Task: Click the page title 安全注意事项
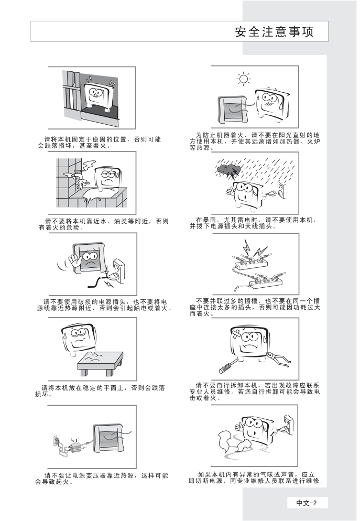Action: (274, 32)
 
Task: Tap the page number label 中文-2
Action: (307, 503)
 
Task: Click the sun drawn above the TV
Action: (244, 79)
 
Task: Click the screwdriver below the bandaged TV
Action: (229, 365)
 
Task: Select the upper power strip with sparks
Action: (252, 264)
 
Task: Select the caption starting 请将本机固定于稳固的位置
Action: (99, 143)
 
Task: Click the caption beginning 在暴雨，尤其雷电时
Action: (253, 223)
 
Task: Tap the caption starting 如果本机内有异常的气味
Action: (256, 478)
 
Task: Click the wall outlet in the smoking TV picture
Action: (288, 425)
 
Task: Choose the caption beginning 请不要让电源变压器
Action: (102, 479)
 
